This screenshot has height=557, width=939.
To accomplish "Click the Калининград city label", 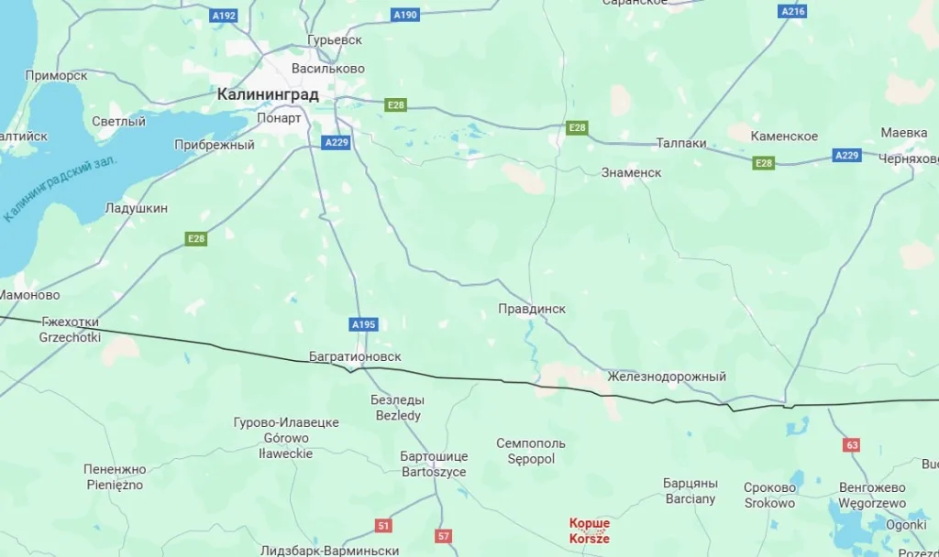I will [268, 94].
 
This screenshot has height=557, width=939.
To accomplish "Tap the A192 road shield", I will [223, 16].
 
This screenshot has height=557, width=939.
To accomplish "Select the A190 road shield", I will [404, 15].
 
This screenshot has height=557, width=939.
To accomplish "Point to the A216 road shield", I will [792, 11].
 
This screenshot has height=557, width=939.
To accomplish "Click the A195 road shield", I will [364, 324].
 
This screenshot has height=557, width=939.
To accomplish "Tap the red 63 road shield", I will [852, 445].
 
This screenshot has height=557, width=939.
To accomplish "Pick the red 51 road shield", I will [383, 525].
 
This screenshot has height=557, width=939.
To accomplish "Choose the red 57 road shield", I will [444, 536].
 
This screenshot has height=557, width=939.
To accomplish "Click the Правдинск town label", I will [532, 309].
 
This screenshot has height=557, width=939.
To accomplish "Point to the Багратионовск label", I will [355, 356].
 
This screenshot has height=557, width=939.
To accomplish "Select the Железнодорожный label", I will [666, 377].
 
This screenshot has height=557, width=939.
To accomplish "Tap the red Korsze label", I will [589, 537].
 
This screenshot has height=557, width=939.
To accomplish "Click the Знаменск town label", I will [631, 172].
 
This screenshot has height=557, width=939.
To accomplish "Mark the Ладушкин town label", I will [137, 209].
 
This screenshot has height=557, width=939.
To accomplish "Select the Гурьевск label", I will [335, 40].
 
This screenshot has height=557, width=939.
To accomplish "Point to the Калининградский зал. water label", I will [62, 190].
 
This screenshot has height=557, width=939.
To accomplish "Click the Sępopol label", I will [531, 458].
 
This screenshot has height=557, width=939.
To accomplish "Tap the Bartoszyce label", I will [434, 472].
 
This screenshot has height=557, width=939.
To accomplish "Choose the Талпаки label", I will [681, 143].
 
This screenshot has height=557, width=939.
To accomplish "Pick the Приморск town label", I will [56, 75].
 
